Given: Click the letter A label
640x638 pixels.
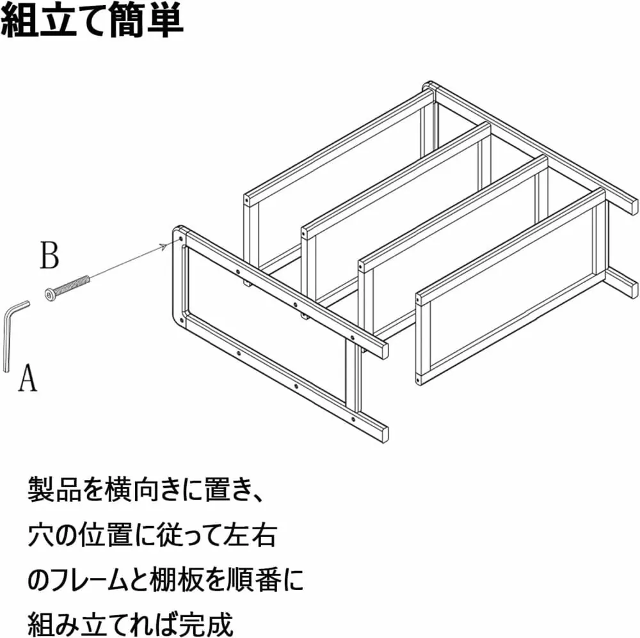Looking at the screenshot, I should [x=28, y=378].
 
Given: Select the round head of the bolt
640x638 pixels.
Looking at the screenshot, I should [x=51, y=294].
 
